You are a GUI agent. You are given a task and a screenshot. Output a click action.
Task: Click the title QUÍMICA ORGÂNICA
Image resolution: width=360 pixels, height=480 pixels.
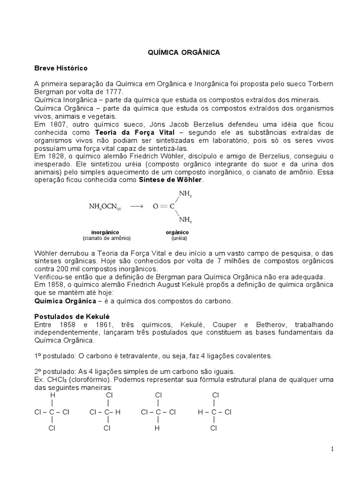[180, 53]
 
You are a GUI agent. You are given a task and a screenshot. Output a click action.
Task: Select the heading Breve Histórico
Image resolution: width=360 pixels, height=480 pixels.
[61, 68]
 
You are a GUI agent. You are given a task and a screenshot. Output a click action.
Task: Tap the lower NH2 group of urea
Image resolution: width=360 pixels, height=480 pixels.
[185, 219]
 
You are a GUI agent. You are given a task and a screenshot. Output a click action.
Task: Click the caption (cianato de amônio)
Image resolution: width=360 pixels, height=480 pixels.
[106, 238]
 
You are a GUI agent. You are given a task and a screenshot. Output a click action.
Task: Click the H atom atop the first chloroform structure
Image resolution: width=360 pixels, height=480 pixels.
[53, 395]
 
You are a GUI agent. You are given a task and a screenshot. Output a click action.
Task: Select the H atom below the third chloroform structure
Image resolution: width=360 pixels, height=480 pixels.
[158, 428]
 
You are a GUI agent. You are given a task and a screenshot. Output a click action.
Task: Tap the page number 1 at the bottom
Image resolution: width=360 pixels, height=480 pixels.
[332, 449]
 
